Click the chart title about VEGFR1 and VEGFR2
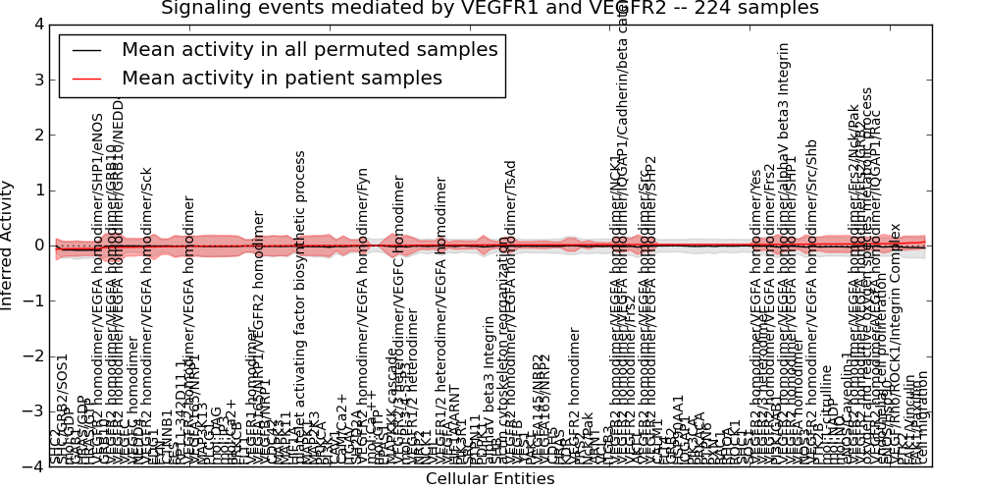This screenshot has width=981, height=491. (x=490, y=9)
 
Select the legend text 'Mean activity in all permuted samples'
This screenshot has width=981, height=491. (x=309, y=49)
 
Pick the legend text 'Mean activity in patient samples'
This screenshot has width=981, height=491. (x=282, y=78)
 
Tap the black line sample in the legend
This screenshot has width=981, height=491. (x=85, y=49)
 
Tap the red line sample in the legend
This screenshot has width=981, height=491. (x=85, y=78)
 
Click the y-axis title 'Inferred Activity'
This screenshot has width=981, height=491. (x=9, y=245)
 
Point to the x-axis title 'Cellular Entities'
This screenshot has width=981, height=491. (x=490, y=479)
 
